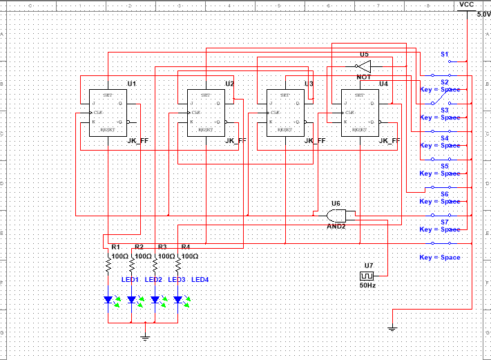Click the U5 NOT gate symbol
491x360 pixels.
(x=365, y=66)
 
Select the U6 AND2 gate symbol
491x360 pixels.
(x=336, y=215)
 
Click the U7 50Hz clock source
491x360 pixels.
(x=367, y=274)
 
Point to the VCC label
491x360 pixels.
(x=467, y=4)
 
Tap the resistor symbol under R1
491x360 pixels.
(x=108, y=265)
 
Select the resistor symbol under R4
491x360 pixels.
(x=178, y=265)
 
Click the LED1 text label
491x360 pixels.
(x=131, y=279)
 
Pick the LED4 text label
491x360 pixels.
(x=200, y=279)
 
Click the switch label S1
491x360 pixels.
(x=445, y=54)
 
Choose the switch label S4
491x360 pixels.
(x=445, y=138)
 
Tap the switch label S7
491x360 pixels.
(x=445, y=222)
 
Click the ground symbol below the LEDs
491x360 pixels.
(x=145, y=337)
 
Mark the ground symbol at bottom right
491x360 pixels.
(x=392, y=330)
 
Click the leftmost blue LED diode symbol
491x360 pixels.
(x=108, y=300)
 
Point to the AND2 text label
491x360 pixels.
(x=336, y=226)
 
